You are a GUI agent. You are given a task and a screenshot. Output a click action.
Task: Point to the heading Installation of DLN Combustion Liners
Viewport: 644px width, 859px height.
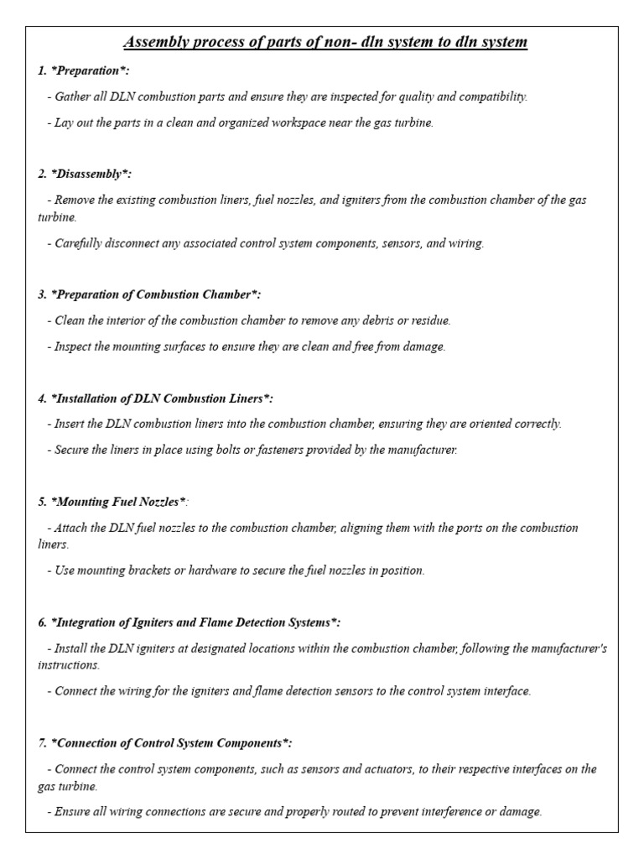(155, 398)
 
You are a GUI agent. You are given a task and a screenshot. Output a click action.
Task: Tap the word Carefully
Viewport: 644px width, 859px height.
(80, 243)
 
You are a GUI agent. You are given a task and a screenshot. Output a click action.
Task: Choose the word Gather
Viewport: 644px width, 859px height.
(73, 96)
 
